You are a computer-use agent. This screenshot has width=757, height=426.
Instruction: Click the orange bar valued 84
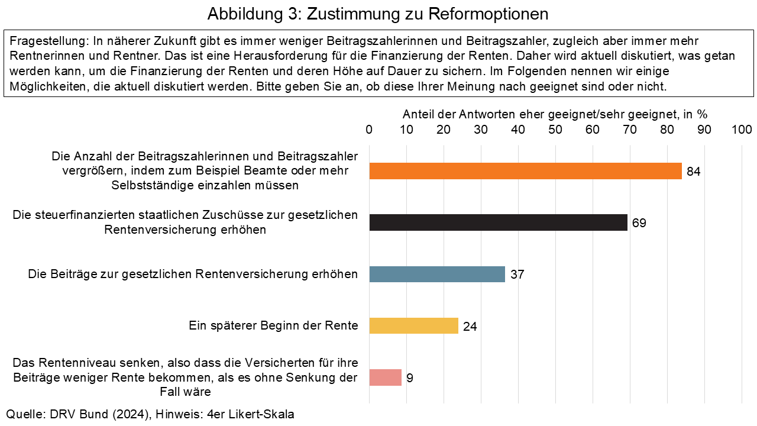(x=525, y=171)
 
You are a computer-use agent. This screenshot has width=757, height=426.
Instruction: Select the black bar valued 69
(x=498, y=222)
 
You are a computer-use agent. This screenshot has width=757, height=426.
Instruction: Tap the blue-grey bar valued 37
(x=437, y=274)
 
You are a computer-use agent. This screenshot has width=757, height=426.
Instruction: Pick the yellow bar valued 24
(x=413, y=325)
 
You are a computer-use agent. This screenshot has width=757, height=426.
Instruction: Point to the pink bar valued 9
(x=385, y=377)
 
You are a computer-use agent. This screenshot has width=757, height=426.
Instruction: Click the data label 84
(x=694, y=172)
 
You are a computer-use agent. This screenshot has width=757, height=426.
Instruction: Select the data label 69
(x=639, y=223)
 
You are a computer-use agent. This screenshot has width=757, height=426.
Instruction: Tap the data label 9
(x=409, y=378)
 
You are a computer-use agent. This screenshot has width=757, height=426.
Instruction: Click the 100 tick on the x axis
(x=741, y=130)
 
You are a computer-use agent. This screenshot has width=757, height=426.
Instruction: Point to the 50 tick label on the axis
(x=555, y=130)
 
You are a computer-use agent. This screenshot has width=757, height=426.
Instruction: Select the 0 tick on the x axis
(x=370, y=130)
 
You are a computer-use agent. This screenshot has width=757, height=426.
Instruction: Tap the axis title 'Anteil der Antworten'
(x=555, y=114)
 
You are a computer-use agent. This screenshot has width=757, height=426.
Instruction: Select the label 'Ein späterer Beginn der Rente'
(x=273, y=325)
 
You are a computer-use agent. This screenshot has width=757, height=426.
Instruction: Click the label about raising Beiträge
(x=193, y=274)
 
